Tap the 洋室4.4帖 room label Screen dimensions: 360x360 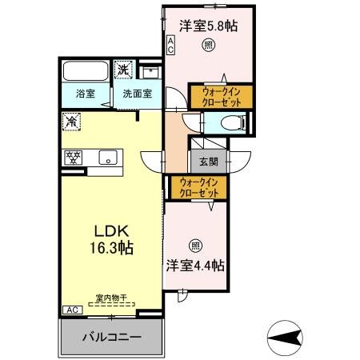(195, 264)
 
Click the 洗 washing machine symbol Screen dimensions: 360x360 (123, 70)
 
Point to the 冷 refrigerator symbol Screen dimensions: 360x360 (72, 122)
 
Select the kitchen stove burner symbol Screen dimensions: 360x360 (73, 157)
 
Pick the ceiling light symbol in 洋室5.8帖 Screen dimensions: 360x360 (208, 45)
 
